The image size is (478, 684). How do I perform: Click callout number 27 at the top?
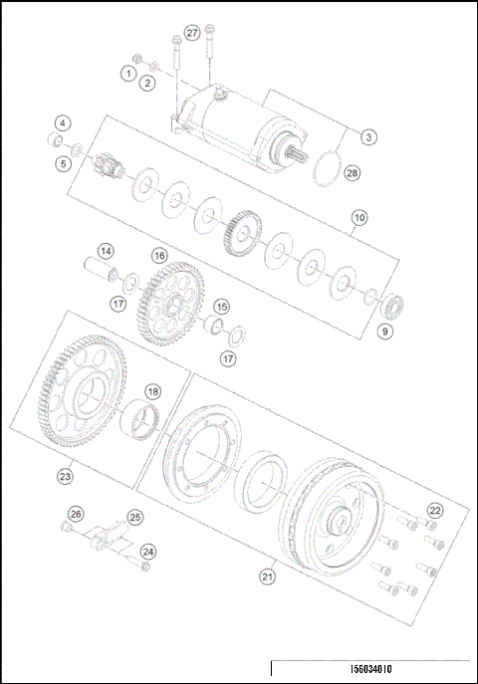[192, 32]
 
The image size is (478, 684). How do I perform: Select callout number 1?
[129, 73]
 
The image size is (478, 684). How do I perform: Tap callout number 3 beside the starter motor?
[368, 136]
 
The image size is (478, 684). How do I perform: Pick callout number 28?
[63, 123]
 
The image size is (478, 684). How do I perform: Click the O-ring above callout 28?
[325, 167]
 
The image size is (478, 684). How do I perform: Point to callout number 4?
[63, 123]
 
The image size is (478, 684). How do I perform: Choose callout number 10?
[359, 216]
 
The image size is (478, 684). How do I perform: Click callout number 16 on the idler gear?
[159, 255]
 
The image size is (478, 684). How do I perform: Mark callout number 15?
[221, 307]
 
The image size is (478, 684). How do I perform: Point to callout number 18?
[153, 391]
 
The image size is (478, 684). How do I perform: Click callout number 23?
[66, 477]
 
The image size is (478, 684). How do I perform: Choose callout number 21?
[267, 574]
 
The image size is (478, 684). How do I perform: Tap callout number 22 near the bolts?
[434, 510]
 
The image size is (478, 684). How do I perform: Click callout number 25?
[135, 517]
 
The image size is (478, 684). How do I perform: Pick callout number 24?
[147, 551]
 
